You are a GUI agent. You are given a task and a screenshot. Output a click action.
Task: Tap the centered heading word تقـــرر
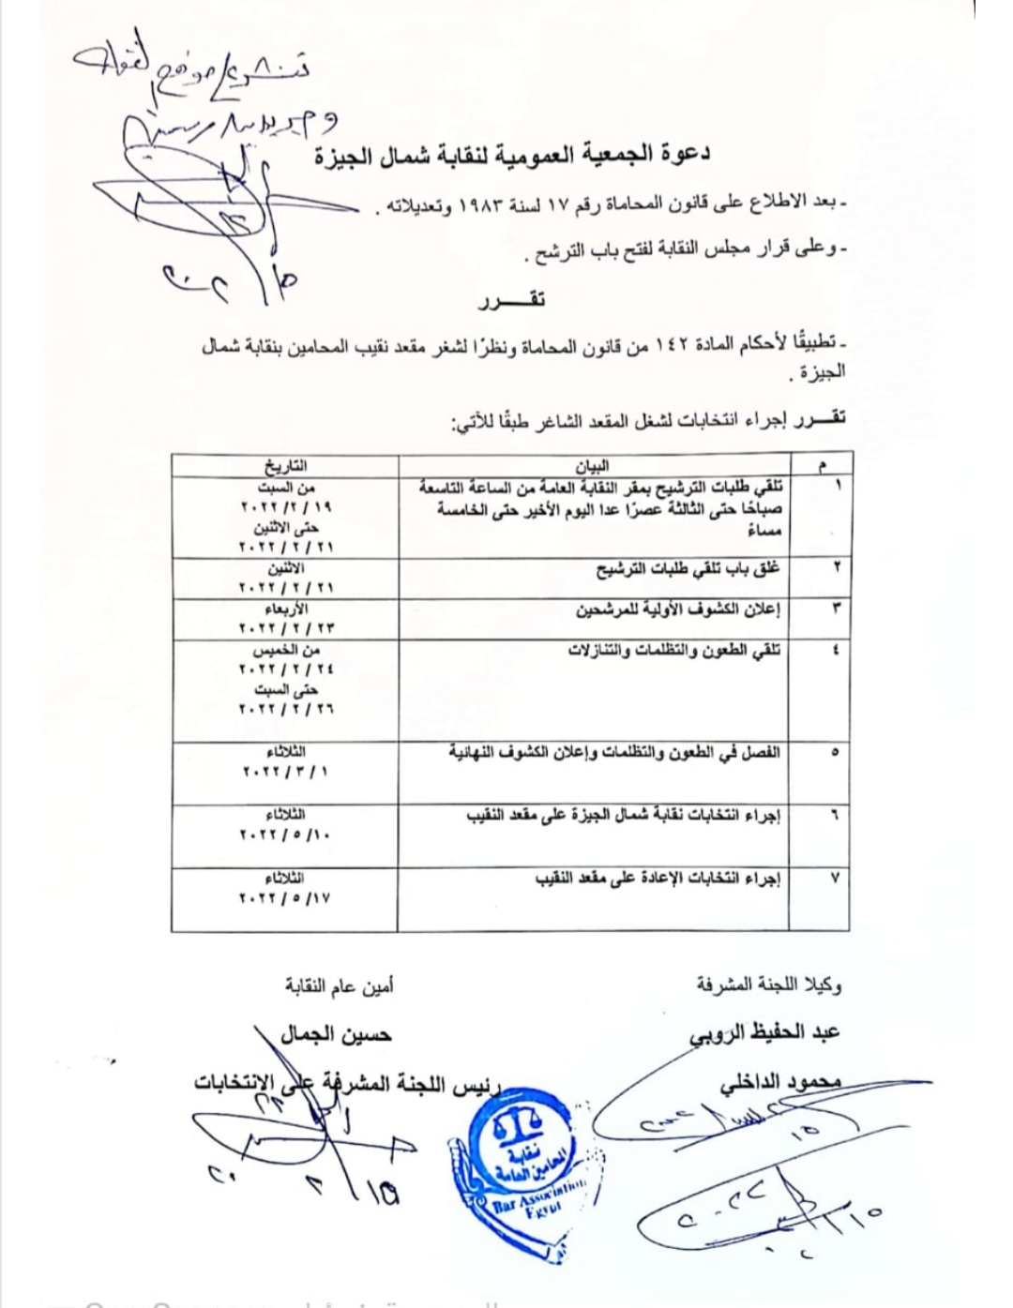tap(510, 301)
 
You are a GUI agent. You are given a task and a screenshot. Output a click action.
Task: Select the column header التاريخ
tap(285, 466)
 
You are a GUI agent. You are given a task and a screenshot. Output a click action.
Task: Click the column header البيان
tap(592, 466)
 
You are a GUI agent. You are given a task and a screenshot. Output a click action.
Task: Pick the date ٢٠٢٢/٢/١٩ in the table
tap(286, 507)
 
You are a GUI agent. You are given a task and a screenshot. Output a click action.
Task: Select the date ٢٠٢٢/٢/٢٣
tap(286, 628)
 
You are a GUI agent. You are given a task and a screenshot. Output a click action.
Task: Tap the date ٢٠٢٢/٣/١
tap(286, 772)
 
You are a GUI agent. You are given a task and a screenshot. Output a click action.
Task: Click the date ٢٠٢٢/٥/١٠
tap(286, 834)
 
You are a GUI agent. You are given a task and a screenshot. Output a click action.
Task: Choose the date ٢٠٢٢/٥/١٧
tap(286, 898)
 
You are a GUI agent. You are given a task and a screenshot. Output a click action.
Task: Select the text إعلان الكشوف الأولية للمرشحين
tap(678, 609)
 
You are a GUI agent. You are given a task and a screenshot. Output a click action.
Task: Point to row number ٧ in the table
tap(835, 879)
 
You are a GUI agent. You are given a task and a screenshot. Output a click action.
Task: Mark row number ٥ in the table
tap(835, 752)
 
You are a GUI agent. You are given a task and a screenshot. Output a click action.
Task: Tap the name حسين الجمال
tap(336, 1035)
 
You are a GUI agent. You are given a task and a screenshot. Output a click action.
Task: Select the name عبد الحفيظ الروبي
tap(764, 1033)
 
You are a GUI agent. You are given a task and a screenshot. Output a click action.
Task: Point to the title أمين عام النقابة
tap(340, 985)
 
